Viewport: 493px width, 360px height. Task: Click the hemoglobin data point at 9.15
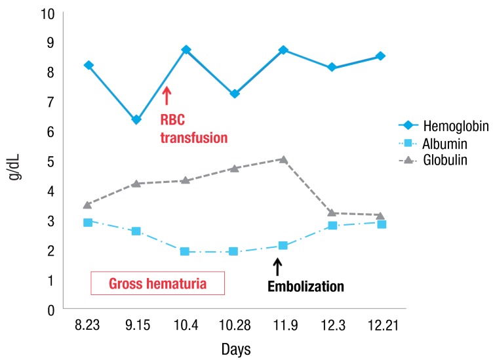point(136,119)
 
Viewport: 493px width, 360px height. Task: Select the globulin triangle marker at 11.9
point(283,159)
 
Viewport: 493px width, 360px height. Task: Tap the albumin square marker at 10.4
point(185,252)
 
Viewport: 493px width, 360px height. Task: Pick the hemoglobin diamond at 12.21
point(381,56)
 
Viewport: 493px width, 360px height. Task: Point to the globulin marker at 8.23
point(87,205)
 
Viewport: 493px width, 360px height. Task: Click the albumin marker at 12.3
point(332,226)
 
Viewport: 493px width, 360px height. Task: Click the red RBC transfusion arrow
point(167,96)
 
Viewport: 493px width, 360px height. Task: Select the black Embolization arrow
point(277,266)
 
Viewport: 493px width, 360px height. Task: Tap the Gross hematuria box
point(157,284)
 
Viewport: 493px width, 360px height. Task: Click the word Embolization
point(306,287)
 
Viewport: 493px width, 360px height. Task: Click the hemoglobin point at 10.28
point(234,94)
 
